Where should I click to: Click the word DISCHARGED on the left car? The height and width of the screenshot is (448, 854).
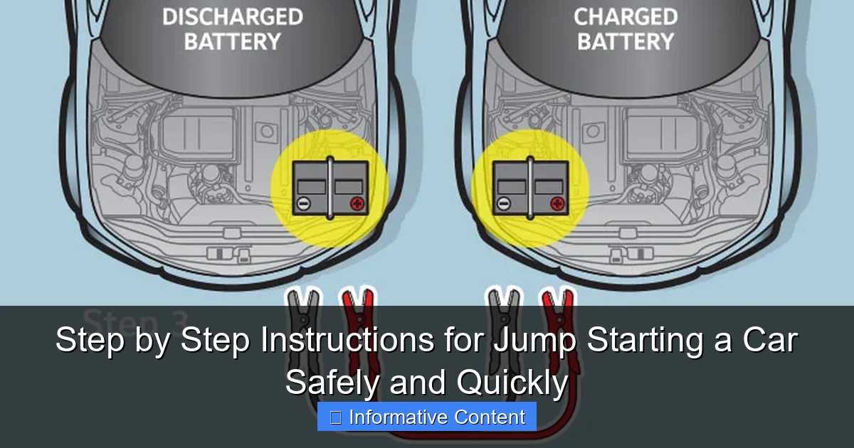tap(233, 16)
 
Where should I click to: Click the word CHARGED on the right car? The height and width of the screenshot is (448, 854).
tap(626, 16)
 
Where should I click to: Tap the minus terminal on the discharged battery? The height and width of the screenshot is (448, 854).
tap(302, 204)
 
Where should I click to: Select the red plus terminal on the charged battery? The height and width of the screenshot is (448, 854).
tap(557, 204)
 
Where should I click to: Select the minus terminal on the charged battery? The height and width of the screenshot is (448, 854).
tap(503, 204)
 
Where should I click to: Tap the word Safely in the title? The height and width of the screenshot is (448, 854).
tap(333, 383)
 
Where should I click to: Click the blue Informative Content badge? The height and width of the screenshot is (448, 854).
tap(427, 417)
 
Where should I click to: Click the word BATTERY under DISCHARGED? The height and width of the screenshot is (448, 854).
tap(233, 41)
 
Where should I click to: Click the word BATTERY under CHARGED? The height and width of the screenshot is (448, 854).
tap(626, 41)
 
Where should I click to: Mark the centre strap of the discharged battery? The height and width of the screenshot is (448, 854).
tap(330, 188)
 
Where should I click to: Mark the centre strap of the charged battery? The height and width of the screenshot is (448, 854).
tap(530, 188)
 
